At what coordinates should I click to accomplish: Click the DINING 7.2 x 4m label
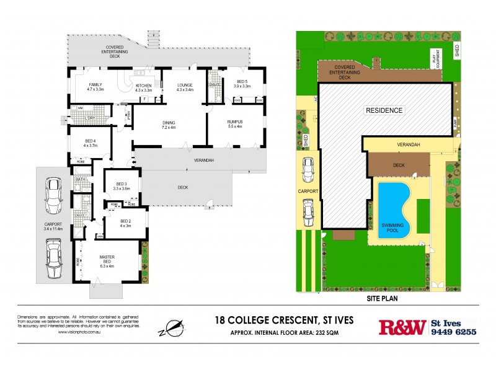(x=169, y=125)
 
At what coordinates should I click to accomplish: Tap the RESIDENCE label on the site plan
(x=384, y=111)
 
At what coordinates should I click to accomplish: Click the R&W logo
(x=402, y=327)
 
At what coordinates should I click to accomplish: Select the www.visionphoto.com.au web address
(x=77, y=332)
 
